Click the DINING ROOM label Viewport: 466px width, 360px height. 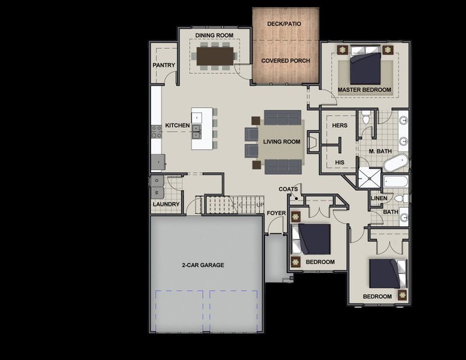tap(214, 35)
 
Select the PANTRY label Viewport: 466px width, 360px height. tap(164, 65)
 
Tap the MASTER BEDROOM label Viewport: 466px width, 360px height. tap(364, 90)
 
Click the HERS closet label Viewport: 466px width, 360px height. tap(340, 125)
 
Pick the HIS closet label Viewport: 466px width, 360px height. tap(339, 162)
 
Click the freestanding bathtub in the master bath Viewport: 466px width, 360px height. tap(395, 162)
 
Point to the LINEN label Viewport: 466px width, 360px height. tap(379, 198)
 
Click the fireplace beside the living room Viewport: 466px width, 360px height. tap(312, 142)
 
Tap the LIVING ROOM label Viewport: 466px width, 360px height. tap(281, 142)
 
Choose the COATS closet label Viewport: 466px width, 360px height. tap(288, 190)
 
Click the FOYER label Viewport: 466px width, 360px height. tap(276, 213)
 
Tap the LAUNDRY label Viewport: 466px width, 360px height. tap(166, 204)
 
